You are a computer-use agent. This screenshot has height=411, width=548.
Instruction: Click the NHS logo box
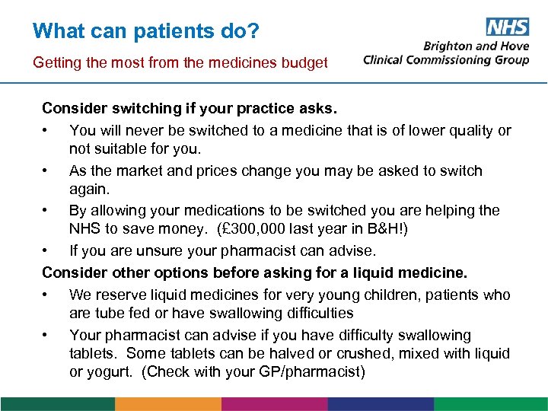pyautogui.click(x=507, y=27)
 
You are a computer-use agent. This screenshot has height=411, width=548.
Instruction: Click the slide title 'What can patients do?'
pyautogui.click(x=146, y=31)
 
